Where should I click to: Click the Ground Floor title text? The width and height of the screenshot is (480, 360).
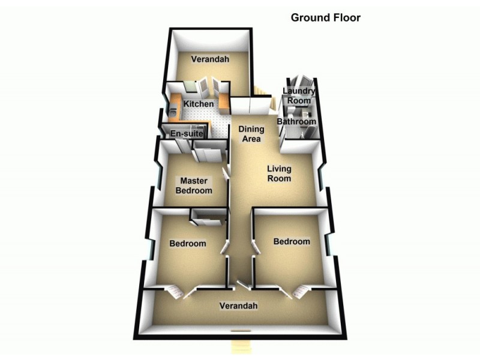point(325,17)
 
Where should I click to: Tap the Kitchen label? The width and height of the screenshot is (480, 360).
point(198,104)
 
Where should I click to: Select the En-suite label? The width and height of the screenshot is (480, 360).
point(187,134)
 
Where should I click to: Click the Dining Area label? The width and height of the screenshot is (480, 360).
point(250,134)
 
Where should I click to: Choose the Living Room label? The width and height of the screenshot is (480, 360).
point(279,174)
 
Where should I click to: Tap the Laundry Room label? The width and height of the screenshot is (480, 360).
point(298,96)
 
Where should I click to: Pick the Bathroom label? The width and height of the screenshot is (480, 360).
point(296,122)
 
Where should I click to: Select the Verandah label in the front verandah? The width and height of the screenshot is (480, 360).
point(238,306)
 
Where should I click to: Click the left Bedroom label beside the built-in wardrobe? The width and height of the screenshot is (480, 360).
point(187,244)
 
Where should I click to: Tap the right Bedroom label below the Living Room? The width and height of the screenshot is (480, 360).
point(292,241)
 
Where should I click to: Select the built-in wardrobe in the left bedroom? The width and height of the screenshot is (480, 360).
point(208,215)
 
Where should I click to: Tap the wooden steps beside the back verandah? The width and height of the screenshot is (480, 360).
point(259,91)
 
